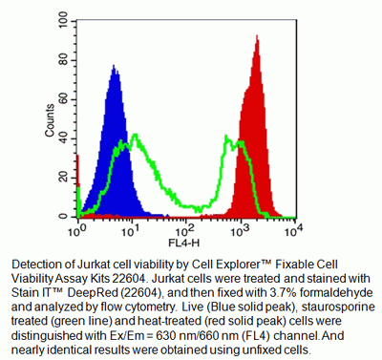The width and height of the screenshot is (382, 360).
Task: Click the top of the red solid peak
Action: (x=257, y=36)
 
